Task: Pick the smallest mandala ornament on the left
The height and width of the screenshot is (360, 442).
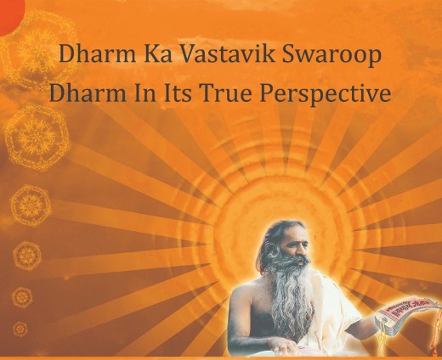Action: click(20, 329)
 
